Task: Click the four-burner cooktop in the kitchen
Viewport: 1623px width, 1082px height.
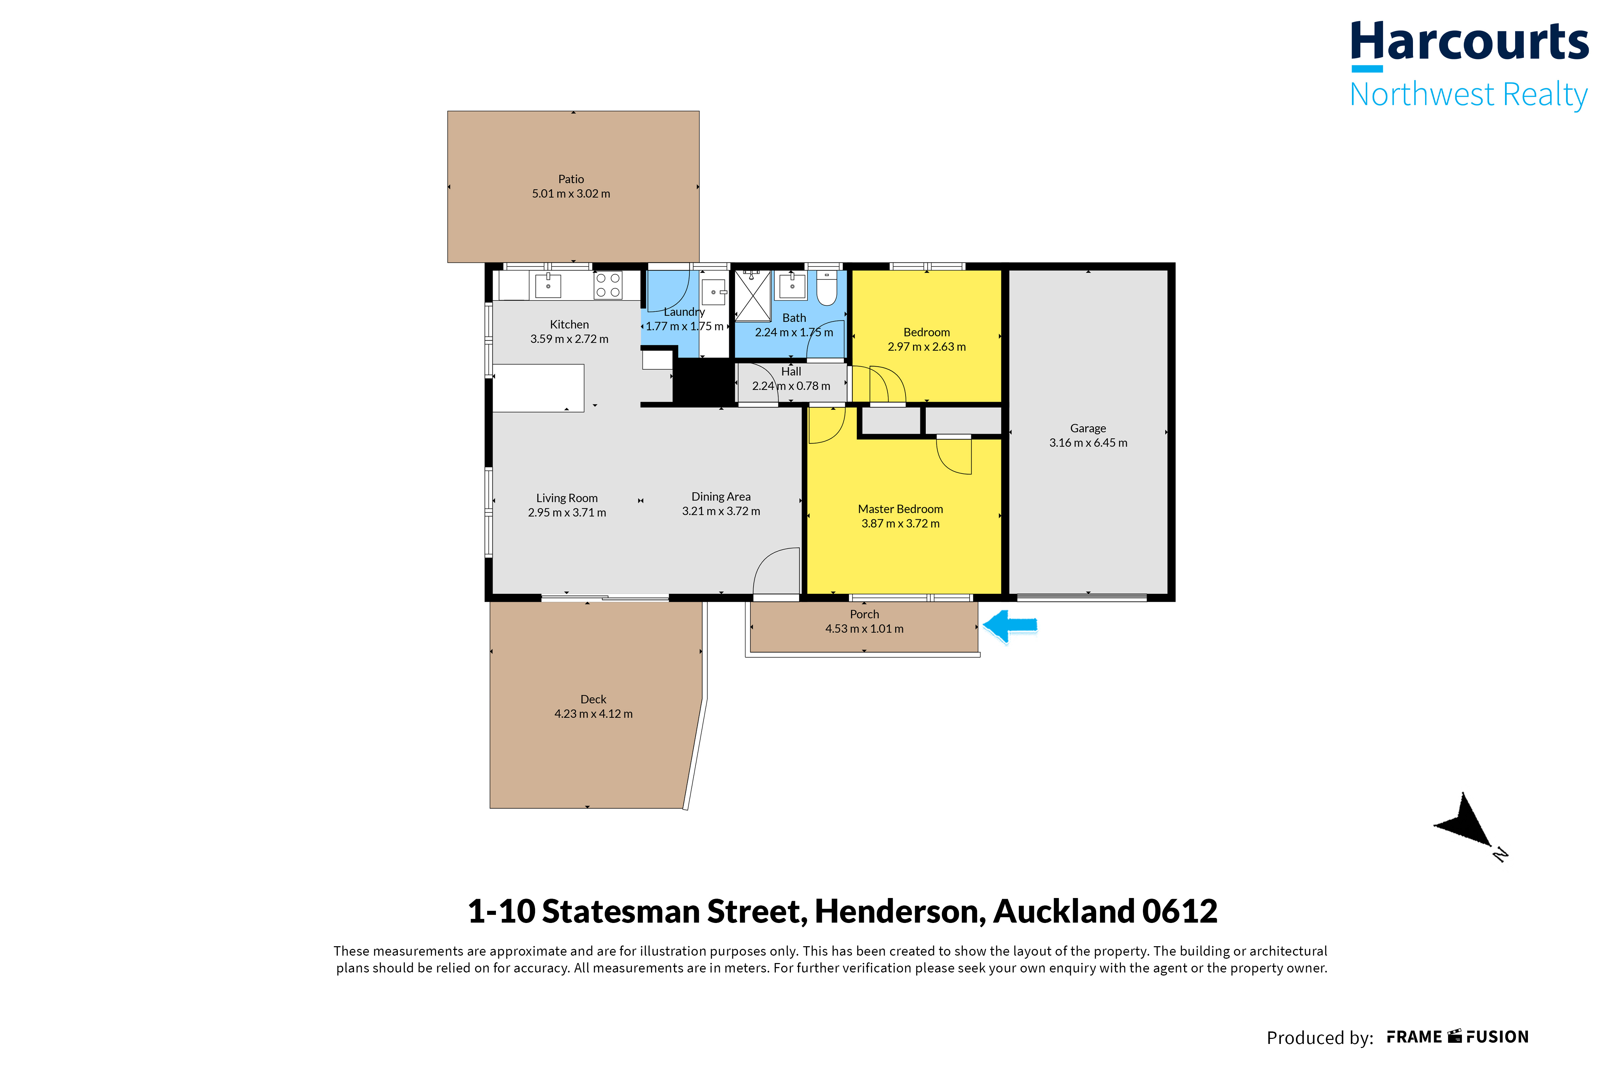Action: coord(608,285)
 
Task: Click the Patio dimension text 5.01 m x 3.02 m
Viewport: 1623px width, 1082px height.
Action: coord(571,194)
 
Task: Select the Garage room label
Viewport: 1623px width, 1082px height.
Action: coord(1088,429)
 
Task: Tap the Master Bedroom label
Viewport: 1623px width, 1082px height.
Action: coord(900,509)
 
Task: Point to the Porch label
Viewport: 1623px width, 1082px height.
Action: coord(864,614)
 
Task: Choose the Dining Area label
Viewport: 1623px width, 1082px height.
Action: coord(721,497)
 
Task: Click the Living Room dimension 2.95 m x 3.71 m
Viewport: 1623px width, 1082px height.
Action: coord(567,513)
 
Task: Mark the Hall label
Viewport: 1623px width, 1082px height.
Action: coord(791,372)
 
